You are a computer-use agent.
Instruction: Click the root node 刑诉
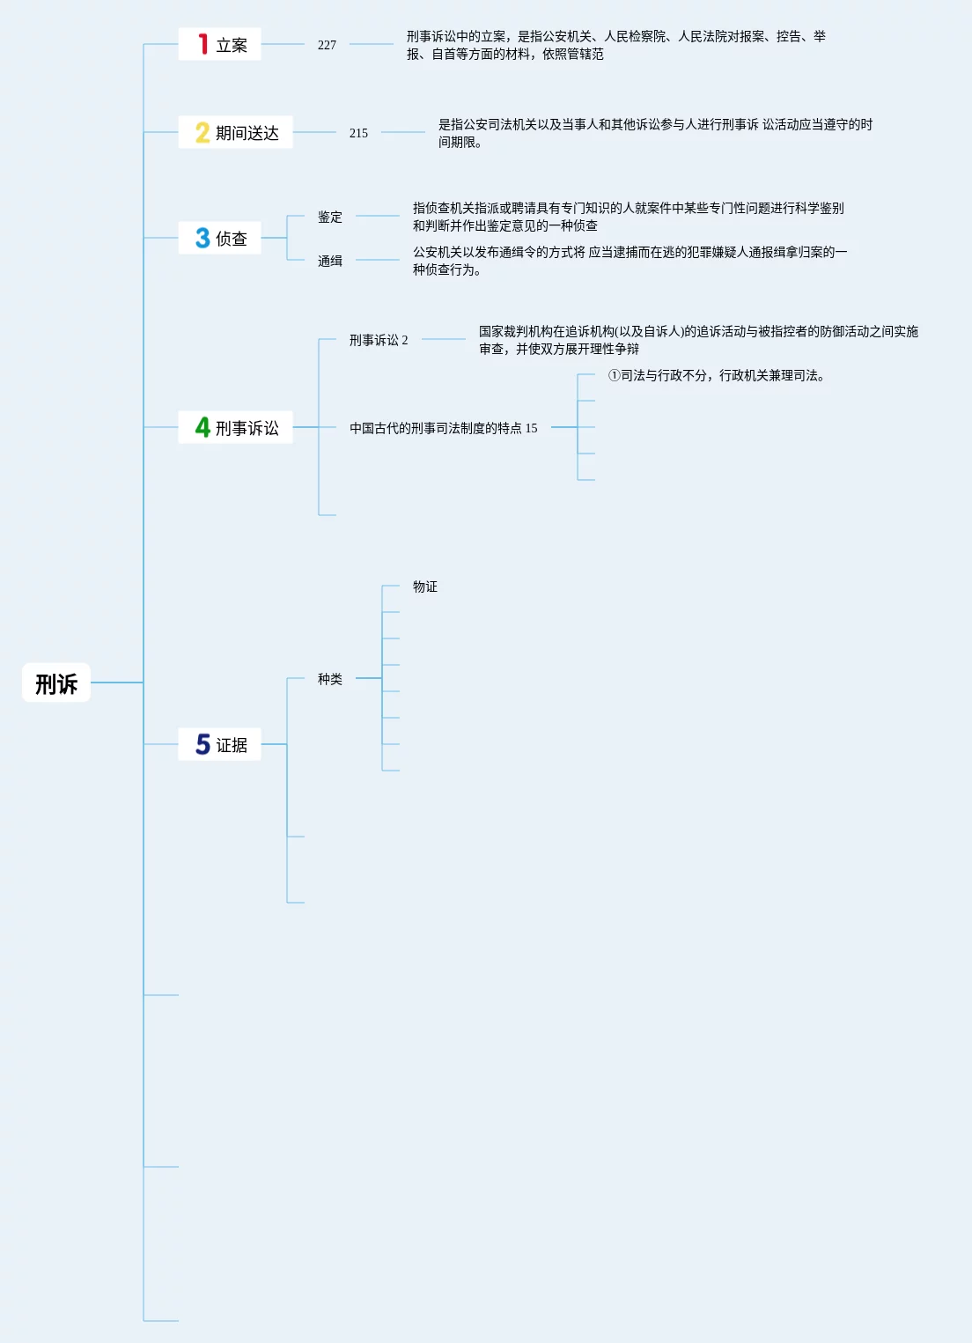56,683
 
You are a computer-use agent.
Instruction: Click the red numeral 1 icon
202,44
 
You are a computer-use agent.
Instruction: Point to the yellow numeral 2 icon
202,133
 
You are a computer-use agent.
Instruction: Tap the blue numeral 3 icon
202,238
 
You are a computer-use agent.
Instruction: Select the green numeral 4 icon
202,427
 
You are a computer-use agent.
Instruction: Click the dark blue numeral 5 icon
202,744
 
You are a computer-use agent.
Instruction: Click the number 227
327,45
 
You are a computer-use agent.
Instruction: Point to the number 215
358,133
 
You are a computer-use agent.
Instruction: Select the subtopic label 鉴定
330,217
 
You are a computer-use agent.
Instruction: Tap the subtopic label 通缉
330,261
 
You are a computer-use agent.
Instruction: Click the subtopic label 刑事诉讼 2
379,340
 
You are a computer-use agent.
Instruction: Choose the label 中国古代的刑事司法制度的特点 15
443,428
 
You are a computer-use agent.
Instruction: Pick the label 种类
330,679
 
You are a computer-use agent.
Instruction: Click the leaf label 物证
425,587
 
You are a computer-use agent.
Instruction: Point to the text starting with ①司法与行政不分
716,375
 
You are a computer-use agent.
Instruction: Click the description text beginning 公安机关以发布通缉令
630,261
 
